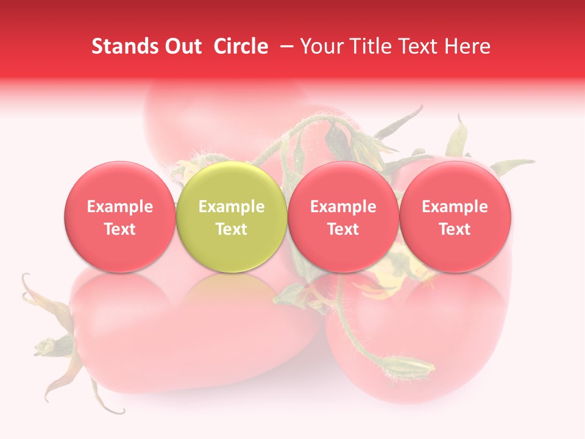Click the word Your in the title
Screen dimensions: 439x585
(x=321, y=46)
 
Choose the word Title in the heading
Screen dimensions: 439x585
(x=369, y=46)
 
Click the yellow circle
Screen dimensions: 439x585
(x=231, y=216)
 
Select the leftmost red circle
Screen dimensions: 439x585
(x=119, y=216)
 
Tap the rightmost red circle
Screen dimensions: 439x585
(x=455, y=216)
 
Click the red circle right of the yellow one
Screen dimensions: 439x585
(x=343, y=216)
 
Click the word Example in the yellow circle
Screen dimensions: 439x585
(x=232, y=207)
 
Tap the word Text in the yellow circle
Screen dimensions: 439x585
(x=232, y=229)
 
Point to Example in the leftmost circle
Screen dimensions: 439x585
(x=119, y=207)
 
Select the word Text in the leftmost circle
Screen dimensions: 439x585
(x=119, y=229)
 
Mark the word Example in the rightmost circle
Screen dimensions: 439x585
(x=455, y=207)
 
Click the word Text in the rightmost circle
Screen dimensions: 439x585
(x=455, y=229)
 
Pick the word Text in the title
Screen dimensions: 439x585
(x=417, y=46)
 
